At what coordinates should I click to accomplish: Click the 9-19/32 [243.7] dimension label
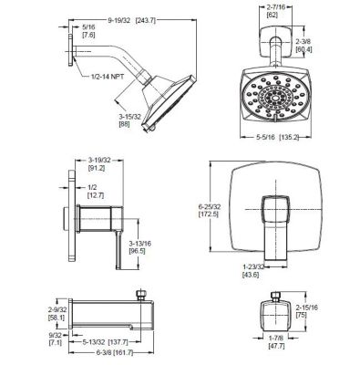[132, 20]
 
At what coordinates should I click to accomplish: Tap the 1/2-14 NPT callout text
[108, 77]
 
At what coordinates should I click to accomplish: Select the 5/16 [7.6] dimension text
[88, 31]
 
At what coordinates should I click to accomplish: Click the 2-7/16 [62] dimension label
[276, 11]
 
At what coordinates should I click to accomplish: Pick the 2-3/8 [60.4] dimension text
[303, 45]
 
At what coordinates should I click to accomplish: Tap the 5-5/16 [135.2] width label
[277, 137]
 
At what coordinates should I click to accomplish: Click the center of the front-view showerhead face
[276, 98]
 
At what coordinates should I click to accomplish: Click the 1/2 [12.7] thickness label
[96, 192]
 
